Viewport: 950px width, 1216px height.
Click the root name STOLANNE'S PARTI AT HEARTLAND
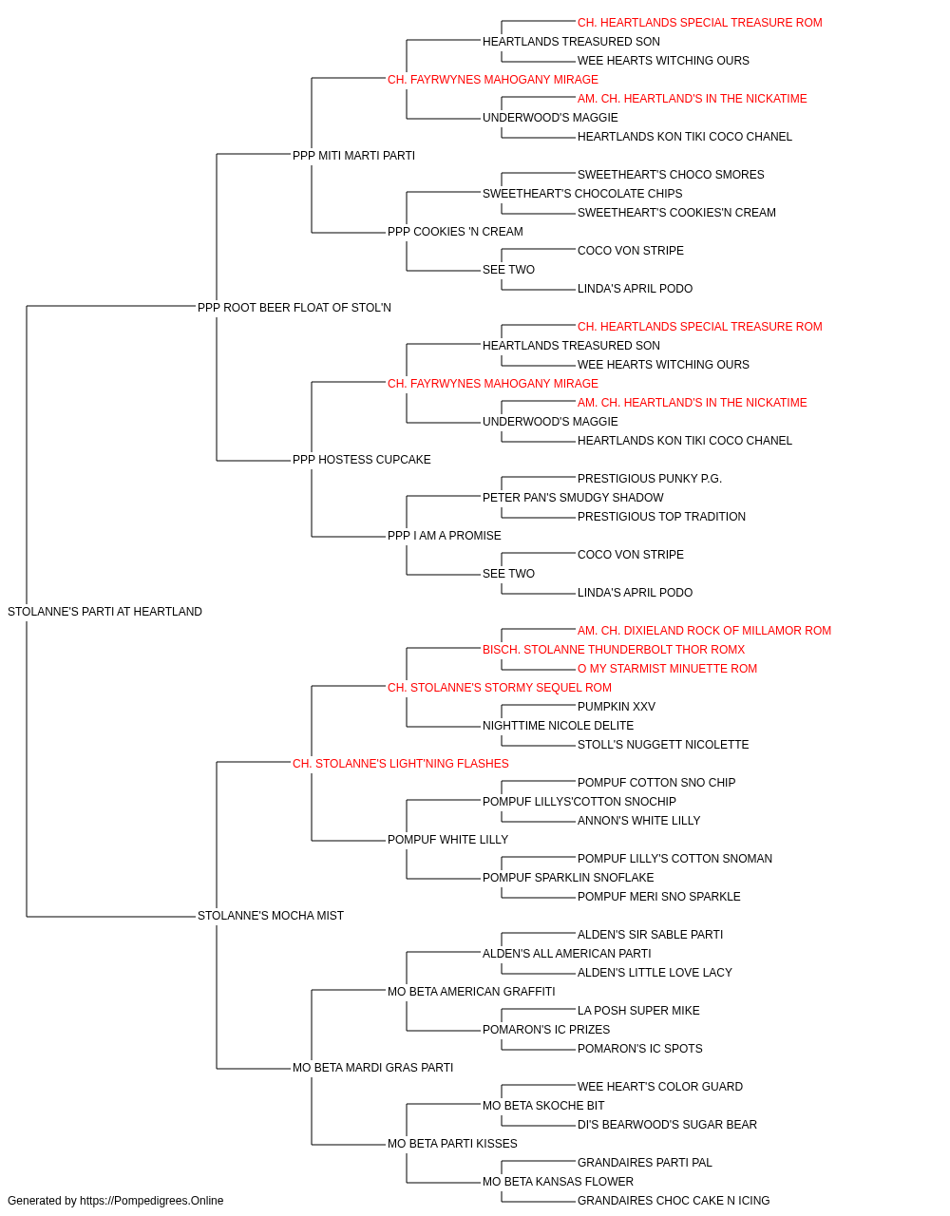click(x=104, y=612)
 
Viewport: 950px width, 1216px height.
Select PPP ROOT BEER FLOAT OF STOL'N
click(x=294, y=308)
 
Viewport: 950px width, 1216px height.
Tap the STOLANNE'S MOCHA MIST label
click(x=271, y=916)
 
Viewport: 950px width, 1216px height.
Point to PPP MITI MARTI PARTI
click(x=353, y=156)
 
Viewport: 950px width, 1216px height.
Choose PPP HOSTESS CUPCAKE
click(x=361, y=460)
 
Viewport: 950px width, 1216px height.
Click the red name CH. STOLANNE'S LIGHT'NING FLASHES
click(x=401, y=764)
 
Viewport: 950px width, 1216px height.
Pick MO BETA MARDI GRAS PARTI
click(x=372, y=1068)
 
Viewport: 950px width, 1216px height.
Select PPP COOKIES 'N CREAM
click(x=455, y=232)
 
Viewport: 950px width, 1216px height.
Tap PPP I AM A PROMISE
click(x=445, y=536)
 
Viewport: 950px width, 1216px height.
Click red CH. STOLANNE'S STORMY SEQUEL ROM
click(x=500, y=688)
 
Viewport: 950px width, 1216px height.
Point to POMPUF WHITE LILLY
click(x=448, y=840)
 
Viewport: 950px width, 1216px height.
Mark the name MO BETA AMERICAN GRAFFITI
click(x=471, y=992)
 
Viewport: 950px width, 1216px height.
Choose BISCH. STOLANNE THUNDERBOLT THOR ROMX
click(x=614, y=650)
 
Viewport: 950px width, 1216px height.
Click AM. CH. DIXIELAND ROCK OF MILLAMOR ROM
click(x=704, y=631)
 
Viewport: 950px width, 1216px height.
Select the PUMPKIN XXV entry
click(x=617, y=707)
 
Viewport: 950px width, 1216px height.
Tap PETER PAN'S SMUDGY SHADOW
click(x=573, y=498)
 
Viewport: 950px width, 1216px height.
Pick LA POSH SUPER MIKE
click(x=638, y=1011)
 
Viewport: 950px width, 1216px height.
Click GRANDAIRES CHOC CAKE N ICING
click(x=674, y=1201)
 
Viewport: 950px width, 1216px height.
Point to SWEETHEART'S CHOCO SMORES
click(x=671, y=175)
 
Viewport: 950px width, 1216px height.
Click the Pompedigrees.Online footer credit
click(x=115, y=1201)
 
